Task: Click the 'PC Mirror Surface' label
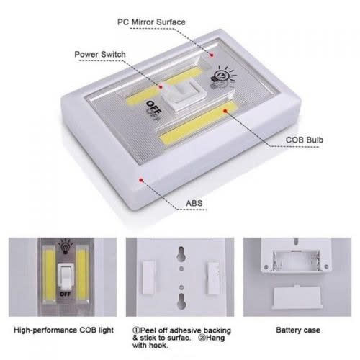[151, 22]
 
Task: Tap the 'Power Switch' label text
[100, 54]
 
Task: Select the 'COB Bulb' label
[305, 140]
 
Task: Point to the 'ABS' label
[194, 203]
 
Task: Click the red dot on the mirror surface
[212, 55]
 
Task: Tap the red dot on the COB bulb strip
[225, 111]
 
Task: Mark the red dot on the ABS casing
[141, 179]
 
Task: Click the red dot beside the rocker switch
[161, 87]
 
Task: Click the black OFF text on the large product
[154, 107]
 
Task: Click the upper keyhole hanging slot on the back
[181, 253]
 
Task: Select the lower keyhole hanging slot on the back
[181, 301]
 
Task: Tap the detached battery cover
[297, 297]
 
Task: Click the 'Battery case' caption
[298, 330]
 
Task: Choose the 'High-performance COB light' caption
[63, 330]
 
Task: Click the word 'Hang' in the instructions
[215, 338]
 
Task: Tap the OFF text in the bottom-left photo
[65, 294]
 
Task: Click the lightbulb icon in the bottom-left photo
[65, 246]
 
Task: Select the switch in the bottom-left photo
[66, 276]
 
